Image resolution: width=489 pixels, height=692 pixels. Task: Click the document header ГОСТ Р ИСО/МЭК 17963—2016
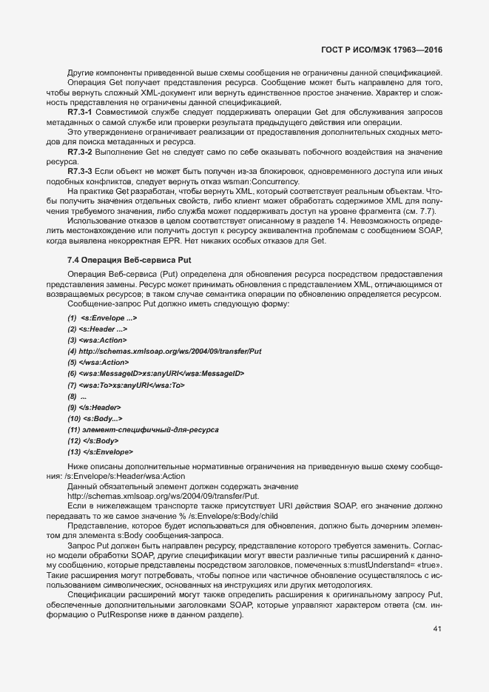385,50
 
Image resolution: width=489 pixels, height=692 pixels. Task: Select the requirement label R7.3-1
80,111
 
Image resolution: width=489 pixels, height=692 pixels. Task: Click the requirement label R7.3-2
80,151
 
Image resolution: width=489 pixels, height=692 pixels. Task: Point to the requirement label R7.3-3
80,171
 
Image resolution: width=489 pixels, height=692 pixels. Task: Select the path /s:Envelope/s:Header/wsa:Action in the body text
115,477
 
